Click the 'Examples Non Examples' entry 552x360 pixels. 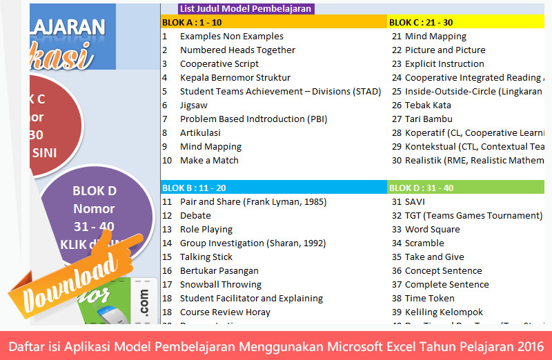231,36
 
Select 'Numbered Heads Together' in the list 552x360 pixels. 237,50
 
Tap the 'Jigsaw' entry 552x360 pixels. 193,105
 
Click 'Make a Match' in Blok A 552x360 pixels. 209,160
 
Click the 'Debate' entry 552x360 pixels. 195,215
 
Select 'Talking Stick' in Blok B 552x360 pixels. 206,257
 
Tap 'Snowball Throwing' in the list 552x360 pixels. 220,284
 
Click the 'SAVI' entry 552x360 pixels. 415,201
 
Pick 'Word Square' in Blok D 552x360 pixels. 432,229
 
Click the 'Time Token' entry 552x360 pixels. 429,298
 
